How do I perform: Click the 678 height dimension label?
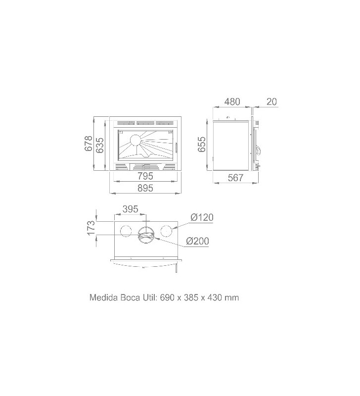(x=89, y=144)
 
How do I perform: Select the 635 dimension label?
(x=100, y=145)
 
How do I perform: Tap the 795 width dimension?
(x=145, y=176)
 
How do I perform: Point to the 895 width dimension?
(x=145, y=188)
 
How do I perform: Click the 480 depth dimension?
(x=232, y=101)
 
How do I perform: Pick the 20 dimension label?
(x=271, y=101)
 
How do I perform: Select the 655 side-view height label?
(x=202, y=144)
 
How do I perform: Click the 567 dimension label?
(x=235, y=178)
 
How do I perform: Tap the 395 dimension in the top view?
(x=131, y=209)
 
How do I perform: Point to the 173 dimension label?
(x=91, y=228)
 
